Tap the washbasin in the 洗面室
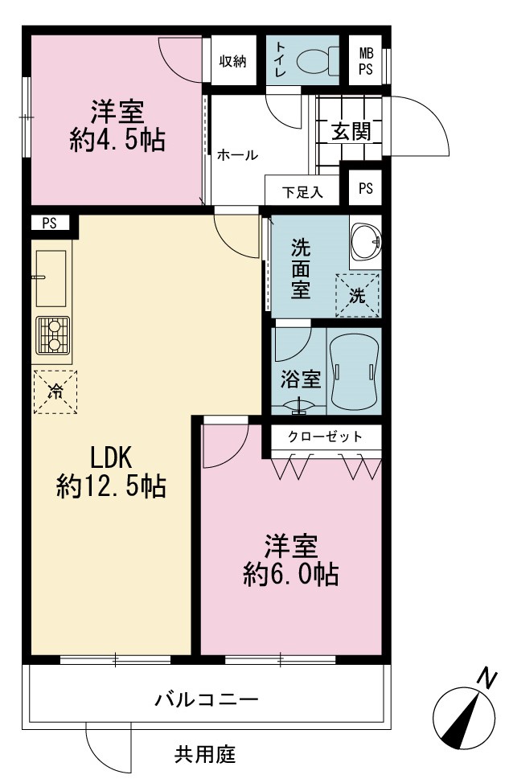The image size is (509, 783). (366, 242)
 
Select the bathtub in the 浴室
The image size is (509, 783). (354, 371)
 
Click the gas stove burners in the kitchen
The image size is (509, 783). (52, 335)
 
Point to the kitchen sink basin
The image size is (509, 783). (51, 278)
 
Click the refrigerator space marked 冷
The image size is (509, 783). (55, 392)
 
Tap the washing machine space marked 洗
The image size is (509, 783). (357, 295)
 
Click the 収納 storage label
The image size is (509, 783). (232, 61)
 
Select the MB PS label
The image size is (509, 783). (366, 61)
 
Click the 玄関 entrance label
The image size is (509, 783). (351, 131)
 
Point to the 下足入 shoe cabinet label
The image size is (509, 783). (302, 192)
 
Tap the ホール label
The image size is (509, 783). (237, 155)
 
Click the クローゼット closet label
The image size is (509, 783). (325, 437)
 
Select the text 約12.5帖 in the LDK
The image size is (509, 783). (111, 486)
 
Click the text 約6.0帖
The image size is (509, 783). (291, 574)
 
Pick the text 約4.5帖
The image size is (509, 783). (118, 139)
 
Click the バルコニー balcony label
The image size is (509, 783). (207, 699)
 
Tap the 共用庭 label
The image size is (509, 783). (205, 754)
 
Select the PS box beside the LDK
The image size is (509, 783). (49, 223)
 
